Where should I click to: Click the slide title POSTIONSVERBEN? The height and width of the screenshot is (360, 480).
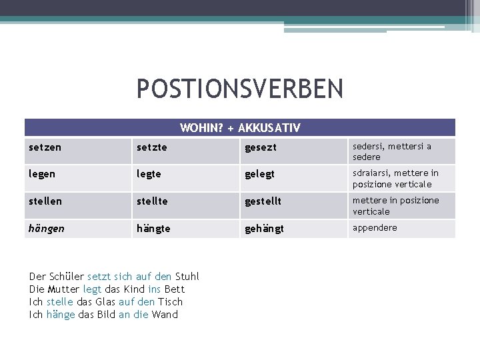240,89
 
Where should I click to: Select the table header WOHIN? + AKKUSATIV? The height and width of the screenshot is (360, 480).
240,127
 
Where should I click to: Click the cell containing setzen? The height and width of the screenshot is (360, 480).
45,147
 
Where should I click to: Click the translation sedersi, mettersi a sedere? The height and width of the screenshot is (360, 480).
392,151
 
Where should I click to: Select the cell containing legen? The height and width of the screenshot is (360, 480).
43,174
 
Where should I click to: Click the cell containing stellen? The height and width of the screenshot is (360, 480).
45,201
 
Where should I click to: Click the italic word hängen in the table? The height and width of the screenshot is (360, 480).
47,228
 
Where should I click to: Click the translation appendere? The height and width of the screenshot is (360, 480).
375,227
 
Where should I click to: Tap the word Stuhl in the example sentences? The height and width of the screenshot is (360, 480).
187,277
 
